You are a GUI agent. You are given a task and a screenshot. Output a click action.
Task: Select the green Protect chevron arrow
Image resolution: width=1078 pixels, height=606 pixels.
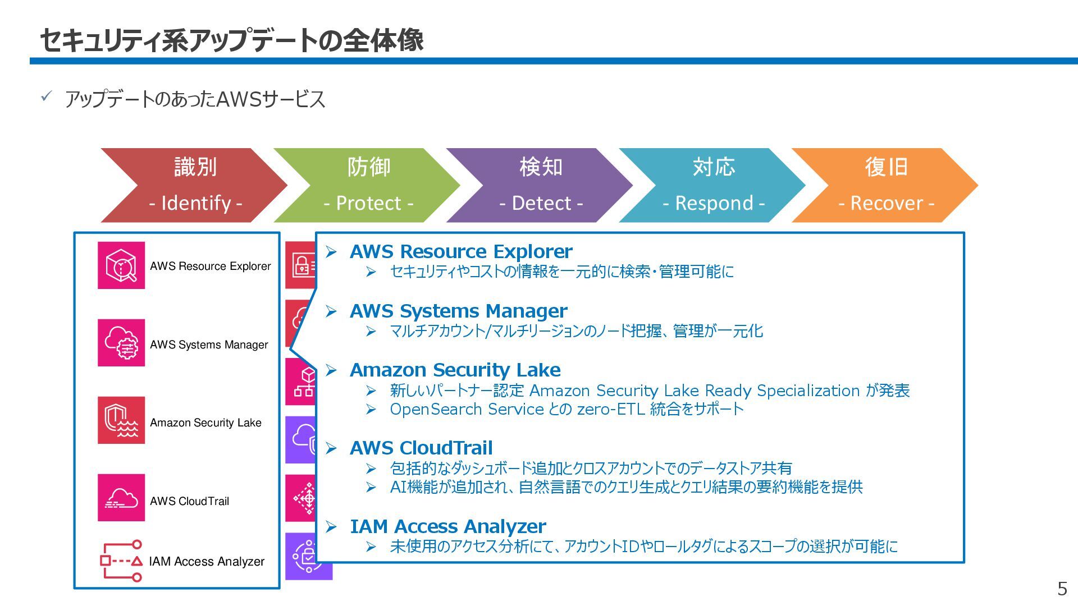(x=368, y=185)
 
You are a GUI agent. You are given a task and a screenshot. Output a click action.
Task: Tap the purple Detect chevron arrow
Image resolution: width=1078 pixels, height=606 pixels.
(x=540, y=185)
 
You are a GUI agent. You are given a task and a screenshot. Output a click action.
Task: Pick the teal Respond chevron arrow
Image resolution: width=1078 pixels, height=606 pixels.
(x=713, y=185)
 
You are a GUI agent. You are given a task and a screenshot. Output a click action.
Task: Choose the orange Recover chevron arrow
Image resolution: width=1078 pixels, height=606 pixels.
(x=886, y=185)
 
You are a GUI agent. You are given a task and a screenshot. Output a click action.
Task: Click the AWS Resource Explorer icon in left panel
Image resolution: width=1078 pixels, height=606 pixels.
(x=121, y=265)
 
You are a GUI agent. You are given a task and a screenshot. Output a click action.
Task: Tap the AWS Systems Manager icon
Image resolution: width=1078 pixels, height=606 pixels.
(x=121, y=343)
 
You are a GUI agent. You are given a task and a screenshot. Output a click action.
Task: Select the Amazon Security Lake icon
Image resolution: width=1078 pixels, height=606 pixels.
(x=121, y=420)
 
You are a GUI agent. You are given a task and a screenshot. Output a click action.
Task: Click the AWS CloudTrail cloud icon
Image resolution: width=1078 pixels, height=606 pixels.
(x=121, y=498)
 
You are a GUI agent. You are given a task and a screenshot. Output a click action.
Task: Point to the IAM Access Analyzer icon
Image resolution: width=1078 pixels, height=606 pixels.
(x=121, y=561)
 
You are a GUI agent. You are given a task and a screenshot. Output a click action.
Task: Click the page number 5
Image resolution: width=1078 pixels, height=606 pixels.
(x=1062, y=589)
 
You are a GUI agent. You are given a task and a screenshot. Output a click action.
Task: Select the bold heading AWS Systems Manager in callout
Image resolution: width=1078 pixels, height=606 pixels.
(x=458, y=311)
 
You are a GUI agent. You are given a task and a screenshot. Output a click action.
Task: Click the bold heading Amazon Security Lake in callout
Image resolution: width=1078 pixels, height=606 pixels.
(x=455, y=370)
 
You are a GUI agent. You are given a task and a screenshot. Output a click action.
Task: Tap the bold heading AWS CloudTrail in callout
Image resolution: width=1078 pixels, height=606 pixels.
(x=421, y=448)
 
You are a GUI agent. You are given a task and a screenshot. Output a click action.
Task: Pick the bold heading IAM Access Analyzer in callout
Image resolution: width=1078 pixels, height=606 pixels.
(x=447, y=527)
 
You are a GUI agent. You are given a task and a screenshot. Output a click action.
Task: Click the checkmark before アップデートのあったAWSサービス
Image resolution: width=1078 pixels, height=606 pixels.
(x=47, y=97)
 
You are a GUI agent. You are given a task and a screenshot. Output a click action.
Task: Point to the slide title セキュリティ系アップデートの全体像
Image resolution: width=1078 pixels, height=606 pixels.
(x=231, y=40)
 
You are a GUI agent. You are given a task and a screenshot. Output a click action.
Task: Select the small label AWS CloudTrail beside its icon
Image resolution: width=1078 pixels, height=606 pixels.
(x=189, y=502)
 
